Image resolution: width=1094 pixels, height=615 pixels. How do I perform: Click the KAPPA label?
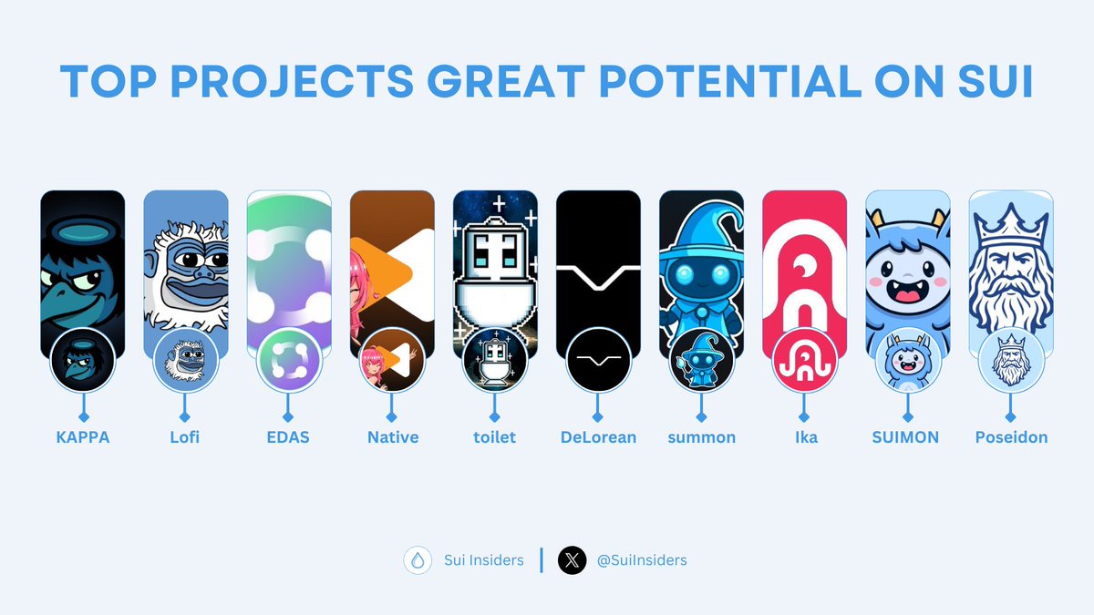pos(82,437)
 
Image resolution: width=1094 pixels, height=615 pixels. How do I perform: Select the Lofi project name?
pos(185,437)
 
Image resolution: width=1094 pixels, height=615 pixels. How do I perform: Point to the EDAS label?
pos(289,437)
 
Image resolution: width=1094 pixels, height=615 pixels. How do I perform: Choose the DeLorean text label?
pos(598,437)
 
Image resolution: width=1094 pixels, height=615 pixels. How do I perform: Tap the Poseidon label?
pos(1011,437)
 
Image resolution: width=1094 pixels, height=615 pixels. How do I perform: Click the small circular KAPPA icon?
pos(82,361)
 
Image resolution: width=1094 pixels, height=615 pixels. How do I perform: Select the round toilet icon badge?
pos(495,361)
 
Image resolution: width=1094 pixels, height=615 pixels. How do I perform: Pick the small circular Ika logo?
pos(804,361)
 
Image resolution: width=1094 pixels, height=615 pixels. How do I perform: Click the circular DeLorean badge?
pos(598,361)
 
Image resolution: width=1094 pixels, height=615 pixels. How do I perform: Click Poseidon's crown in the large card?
pos(1011,222)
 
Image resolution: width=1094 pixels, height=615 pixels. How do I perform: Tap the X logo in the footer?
pos(572,560)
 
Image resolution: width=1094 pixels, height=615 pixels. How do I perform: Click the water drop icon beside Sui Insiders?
pos(418,560)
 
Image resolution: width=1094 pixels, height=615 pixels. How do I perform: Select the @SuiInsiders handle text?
pos(642,560)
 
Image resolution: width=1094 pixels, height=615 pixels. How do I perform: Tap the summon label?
pos(701,437)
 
